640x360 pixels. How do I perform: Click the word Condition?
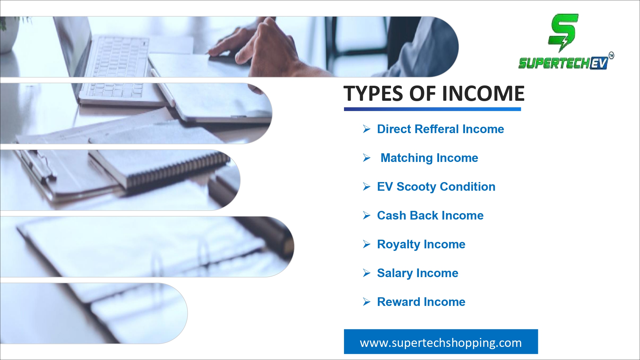(468, 187)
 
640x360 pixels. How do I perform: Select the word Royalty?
(399, 244)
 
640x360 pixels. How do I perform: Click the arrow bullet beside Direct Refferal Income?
(367, 129)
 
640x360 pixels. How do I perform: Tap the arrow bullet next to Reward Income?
(367, 302)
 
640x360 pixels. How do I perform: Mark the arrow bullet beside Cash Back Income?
(367, 215)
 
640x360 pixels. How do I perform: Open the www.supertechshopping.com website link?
(441, 343)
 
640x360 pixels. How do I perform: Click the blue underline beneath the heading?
(432, 109)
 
